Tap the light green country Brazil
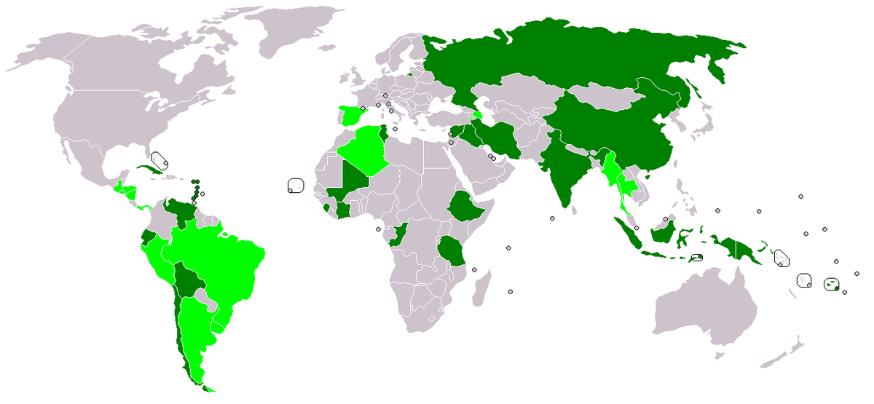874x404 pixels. coord(219,255)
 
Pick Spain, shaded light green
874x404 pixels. coord(352,116)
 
